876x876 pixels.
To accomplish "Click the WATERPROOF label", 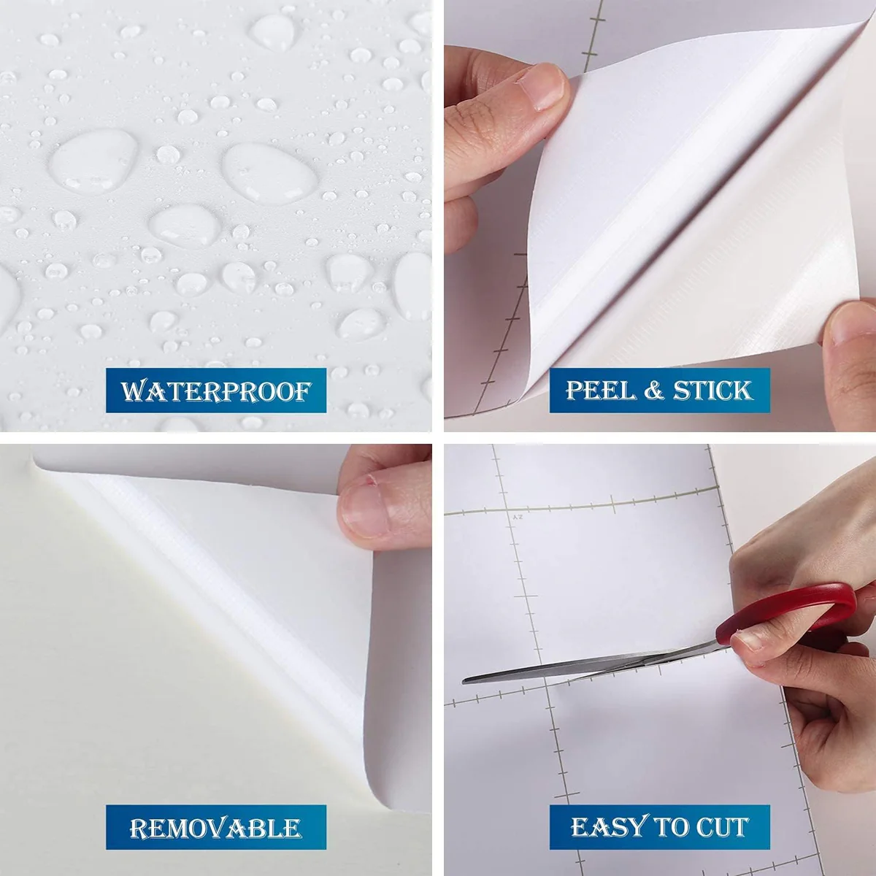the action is (216, 391).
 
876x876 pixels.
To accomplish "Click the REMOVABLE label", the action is (216, 829).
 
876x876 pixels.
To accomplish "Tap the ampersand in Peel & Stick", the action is (654, 390).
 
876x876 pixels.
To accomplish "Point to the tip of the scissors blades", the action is (464, 681).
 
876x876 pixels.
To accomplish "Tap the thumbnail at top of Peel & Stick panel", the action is (542, 86).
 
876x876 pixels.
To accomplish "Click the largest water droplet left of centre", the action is (94, 161).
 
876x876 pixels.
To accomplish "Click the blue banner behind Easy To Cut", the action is (660, 827).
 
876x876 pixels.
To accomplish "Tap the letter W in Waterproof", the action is (134, 391).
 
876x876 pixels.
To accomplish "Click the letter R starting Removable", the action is (139, 829).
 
